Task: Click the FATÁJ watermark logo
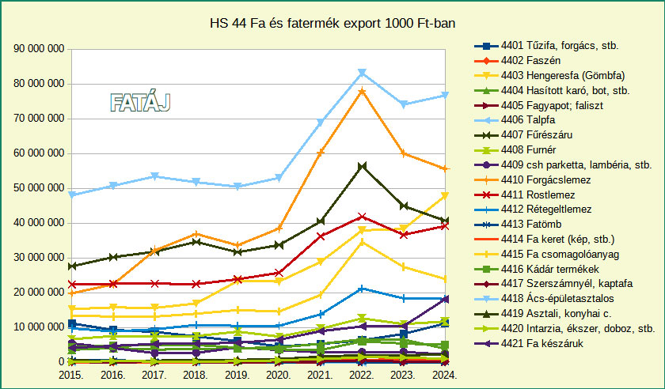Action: [140, 102]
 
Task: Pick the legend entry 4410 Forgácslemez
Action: [541, 180]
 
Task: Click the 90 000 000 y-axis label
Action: [39, 49]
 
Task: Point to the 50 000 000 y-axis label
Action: [39, 188]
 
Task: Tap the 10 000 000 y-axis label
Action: [39, 327]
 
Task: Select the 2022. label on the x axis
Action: [362, 374]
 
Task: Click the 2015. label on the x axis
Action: [71, 374]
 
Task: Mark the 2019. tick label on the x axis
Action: [237, 374]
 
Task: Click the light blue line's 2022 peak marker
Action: [362, 73]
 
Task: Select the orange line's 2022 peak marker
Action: [362, 91]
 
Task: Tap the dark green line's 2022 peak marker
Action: [362, 166]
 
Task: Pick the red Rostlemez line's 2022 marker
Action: [362, 216]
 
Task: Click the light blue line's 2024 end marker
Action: [446, 95]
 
